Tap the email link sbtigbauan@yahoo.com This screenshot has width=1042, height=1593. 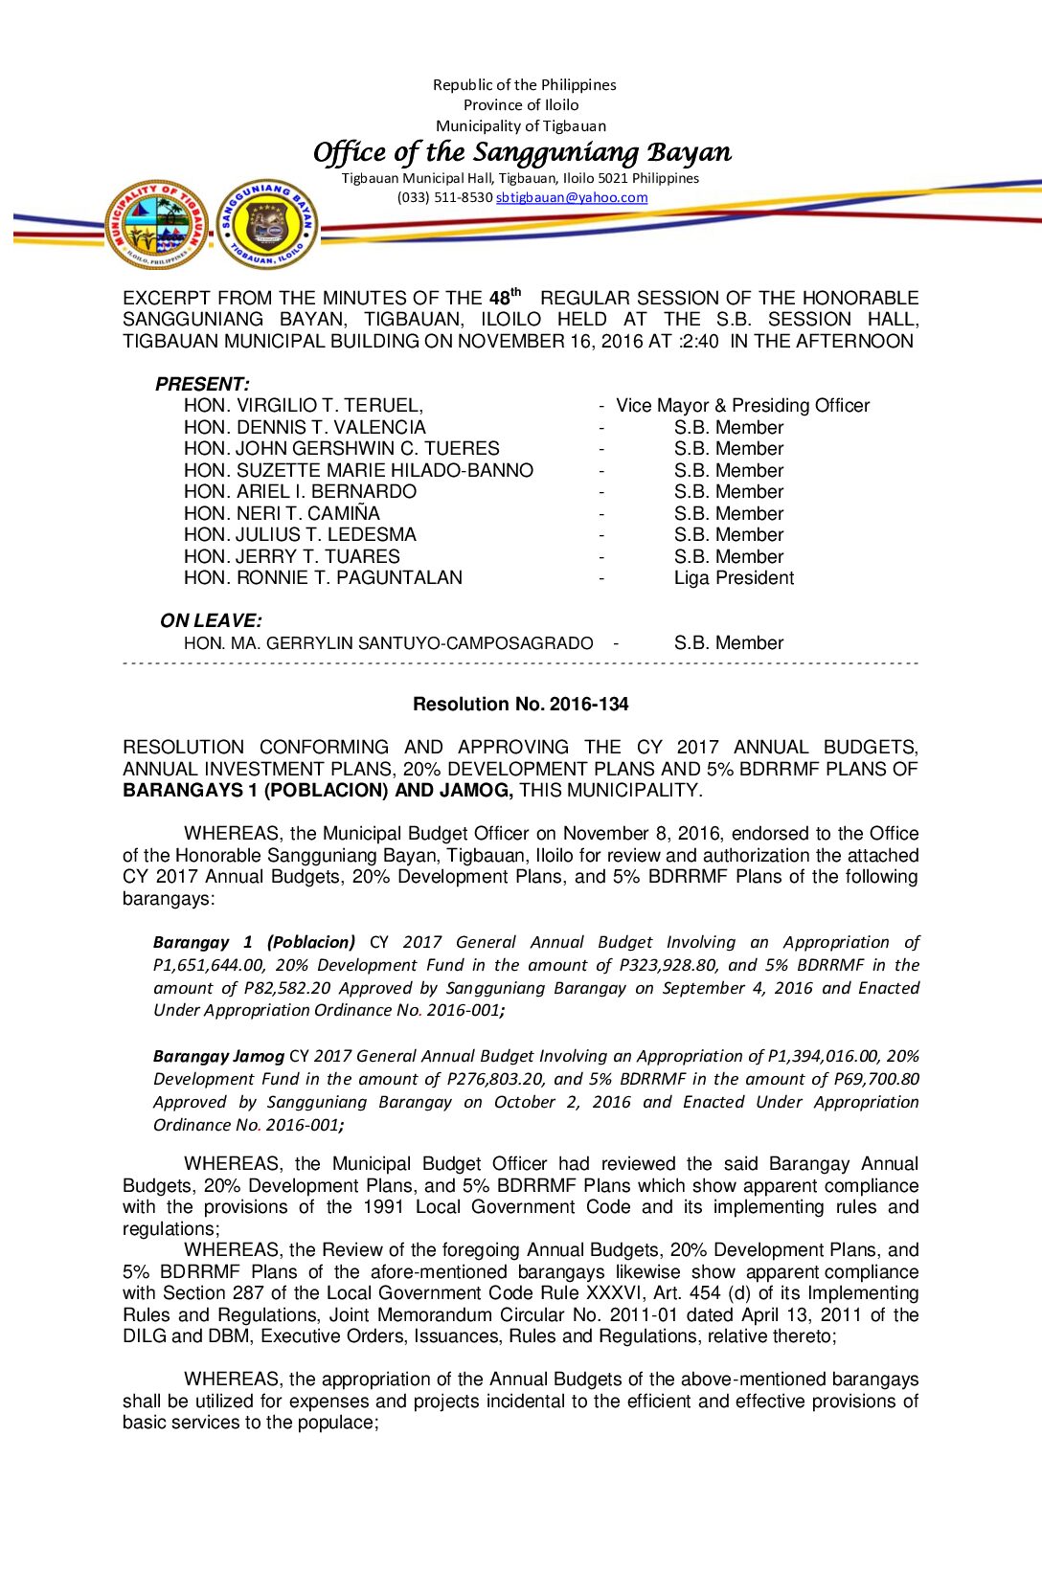click(x=572, y=197)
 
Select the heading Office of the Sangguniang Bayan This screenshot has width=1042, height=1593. click(x=522, y=152)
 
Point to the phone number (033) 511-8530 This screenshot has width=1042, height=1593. click(x=444, y=197)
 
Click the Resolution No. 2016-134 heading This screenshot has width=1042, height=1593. click(x=520, y=704)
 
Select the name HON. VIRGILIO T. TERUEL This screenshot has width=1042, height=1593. click(x=303, y=405)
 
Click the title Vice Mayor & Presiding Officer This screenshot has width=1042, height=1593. click(x=742, y=405)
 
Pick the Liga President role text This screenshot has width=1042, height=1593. click(x=734, y=577)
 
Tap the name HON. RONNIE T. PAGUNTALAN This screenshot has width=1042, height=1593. click(x=323, y=577)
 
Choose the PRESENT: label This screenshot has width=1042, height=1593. click(x=202, y=384)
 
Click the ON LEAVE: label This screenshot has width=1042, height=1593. click(x=211, y=620)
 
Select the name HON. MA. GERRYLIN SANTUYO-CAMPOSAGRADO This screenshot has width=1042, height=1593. click(x=388, y=643)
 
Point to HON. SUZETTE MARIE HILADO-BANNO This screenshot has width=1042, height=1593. click(x=358, y=470)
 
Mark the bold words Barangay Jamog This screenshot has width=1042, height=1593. click(x=218, y=1056)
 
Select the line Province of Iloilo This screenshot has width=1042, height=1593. click(x=521, y=105)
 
